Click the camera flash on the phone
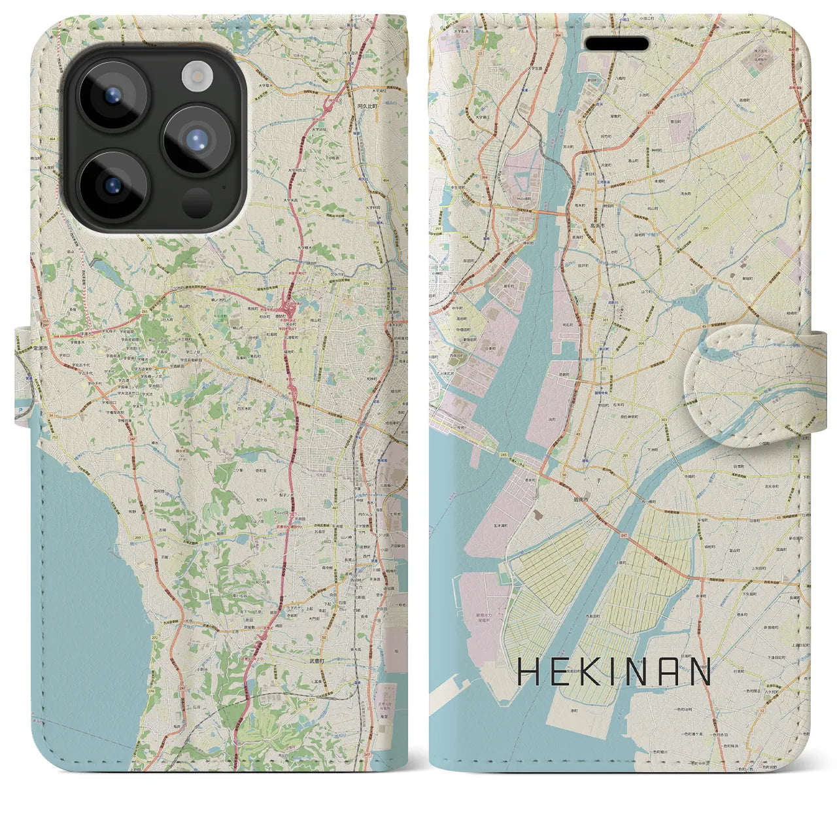click(196, 77)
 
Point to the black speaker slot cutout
click(617, 44)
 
